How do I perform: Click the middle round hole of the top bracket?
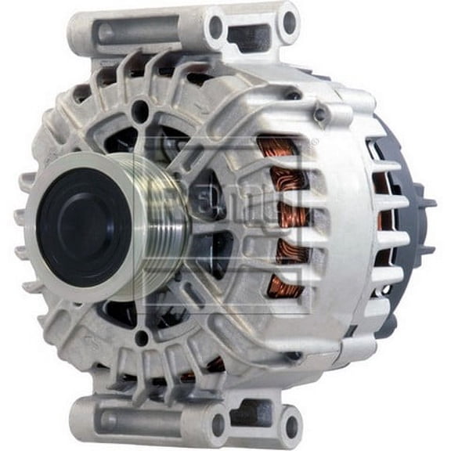click(215, 28)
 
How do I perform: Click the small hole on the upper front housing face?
click(139, 110)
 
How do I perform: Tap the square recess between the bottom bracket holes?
click(251, 413)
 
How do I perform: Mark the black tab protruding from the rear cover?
click(430, 202)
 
